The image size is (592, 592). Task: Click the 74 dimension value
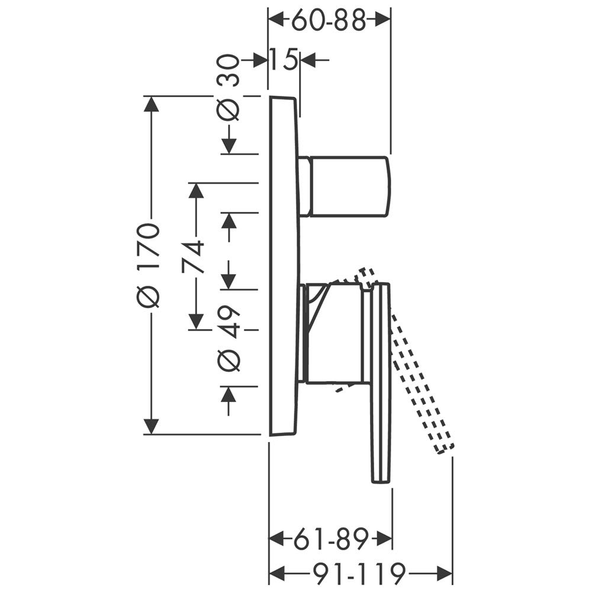193,258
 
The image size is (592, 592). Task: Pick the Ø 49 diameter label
228,338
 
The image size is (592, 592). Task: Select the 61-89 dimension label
331,539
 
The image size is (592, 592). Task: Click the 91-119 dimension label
359,574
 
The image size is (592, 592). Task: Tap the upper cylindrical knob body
348,186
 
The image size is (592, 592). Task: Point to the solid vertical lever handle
380,382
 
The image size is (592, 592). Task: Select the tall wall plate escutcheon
285,266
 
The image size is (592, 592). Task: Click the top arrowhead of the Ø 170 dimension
152,104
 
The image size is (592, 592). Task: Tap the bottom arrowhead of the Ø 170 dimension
152,427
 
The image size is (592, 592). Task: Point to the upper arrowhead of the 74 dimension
196,191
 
